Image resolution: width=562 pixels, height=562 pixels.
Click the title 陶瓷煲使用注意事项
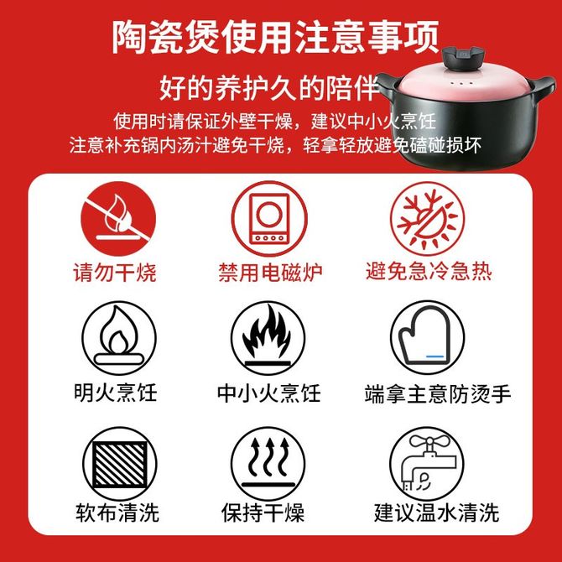pyautogui.click(x=275, y=37)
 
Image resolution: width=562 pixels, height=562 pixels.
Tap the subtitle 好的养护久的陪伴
pyautogui.click(x=268, y=87)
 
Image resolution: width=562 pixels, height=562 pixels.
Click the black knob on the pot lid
pyautogui.click(x=463, y=58)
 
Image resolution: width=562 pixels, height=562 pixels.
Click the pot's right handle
pyautogui.click(x=543, y=88)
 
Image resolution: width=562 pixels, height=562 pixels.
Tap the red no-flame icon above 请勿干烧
pyautogui.click(x=118, y=218)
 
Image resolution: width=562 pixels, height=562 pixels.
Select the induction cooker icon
pyautogui.click(x=269, y=219)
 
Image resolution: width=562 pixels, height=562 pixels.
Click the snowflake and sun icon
pyautogui.click(x=427, y=219)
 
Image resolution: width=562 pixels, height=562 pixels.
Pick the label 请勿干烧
pyautogui.click(x=115, y=273)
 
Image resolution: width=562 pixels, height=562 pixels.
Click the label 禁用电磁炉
pyautogui.click(x=270, y=273)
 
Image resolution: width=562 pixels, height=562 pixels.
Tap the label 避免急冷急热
pyautogui.click(x=429, y=271)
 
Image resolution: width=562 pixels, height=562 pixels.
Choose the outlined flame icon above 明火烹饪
pyautogui.click(x=119, y=338)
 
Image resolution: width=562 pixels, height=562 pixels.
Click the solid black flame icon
pyautogui.click(x=268, y=338)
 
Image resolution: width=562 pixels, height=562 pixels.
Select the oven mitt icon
pyautogui.click(x=427, y=337)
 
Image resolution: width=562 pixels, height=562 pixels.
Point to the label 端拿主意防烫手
pyautogui.click(x=438, y=394)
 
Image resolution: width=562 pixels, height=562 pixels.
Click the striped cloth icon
pyautogui.click(x=120, y=464)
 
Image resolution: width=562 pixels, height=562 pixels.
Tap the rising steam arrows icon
pyautogui.click(x=268, y=464)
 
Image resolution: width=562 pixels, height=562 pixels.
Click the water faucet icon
pyautogui.click(x=426, y=463)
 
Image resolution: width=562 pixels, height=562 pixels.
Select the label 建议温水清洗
pyautogui.click(x=436, y=513)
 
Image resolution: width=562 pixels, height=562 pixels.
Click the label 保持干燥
pyautogui.click(x=263, y=513)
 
